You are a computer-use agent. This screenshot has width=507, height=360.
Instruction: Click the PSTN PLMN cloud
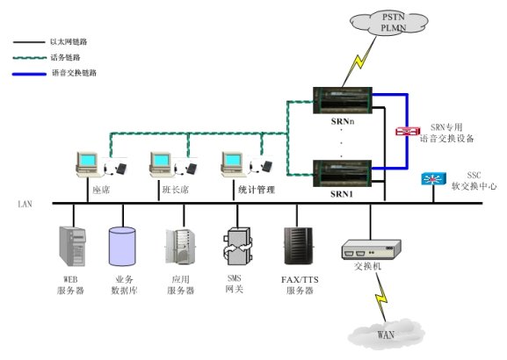click(389, 22)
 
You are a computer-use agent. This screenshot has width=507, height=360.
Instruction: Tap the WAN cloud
click(387, 334)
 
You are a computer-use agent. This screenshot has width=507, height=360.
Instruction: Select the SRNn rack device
click(343, 100)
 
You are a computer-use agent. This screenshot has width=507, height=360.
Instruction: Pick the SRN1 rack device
click(343, 173)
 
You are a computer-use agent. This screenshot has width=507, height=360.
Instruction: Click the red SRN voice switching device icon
click(408, 131)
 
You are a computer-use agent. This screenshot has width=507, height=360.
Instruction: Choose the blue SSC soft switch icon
click(433, 179)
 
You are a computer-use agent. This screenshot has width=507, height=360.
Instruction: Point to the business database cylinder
click(122, 247)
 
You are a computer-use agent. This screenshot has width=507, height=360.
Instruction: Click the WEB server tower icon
click(72, 246)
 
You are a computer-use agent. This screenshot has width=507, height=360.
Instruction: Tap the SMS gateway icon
click(237, 246)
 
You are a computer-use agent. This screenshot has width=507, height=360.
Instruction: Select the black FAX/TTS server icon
click(298, 246)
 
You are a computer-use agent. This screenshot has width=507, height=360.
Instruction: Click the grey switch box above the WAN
click(371, 249)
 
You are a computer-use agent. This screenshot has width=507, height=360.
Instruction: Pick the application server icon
click(180, 246)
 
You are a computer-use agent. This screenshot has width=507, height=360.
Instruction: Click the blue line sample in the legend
click(29, 74)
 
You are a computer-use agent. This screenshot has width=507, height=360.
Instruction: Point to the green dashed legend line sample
click(29, 58)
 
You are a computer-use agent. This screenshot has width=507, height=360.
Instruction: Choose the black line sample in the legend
click(29, 42)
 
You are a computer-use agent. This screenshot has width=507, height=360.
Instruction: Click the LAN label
click(25, 205)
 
